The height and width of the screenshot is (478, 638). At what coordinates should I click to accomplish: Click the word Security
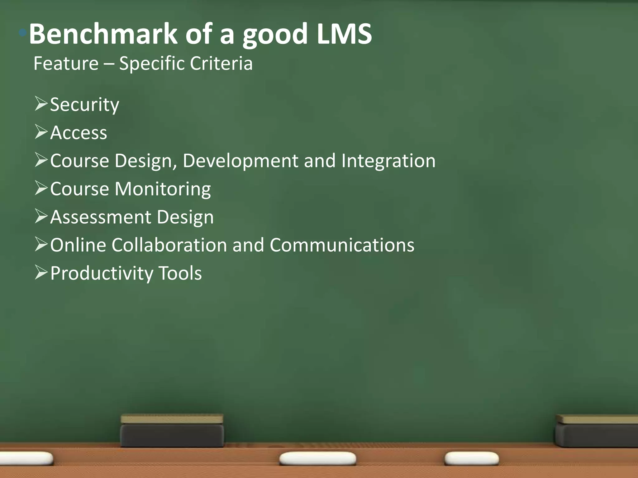point(84,105)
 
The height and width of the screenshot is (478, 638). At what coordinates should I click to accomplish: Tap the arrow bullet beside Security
point(41,104)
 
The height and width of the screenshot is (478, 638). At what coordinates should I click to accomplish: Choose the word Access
point(79,133)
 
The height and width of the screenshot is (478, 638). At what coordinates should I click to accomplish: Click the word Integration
point(388,161)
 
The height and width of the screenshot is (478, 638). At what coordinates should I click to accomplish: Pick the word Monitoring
point(163,189)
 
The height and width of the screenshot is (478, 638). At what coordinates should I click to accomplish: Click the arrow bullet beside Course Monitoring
point(41,188)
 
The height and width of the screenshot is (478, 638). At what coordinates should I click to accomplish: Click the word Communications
point(342,245)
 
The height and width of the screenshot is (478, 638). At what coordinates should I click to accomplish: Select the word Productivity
point(102,273)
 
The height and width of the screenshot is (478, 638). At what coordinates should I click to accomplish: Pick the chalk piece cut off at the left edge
point(26,458)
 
